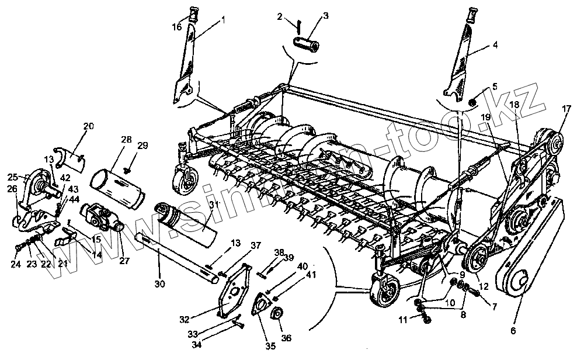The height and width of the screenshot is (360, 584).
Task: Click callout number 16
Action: [176, 27]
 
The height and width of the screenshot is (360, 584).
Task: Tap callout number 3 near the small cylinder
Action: [326, 16]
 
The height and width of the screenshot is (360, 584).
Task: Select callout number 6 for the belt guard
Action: [514, 330]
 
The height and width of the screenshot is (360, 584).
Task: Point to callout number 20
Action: [88, 126]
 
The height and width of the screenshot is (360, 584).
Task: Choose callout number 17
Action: [566, 108]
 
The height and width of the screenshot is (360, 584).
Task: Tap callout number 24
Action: [16, 264]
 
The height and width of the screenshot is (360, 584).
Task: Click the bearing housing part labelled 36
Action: [276, 314]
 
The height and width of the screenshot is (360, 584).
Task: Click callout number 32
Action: [185, 320]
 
